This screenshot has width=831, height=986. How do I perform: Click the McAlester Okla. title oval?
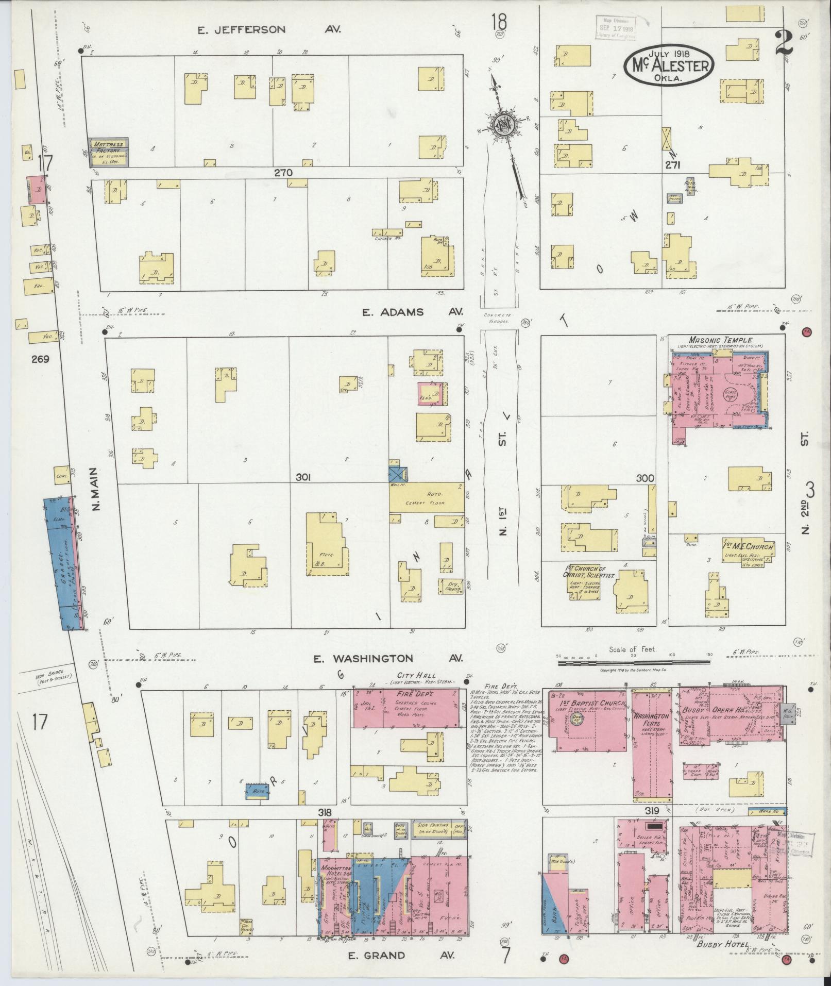pos(669,65)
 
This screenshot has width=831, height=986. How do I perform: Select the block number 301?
pos(303,478)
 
